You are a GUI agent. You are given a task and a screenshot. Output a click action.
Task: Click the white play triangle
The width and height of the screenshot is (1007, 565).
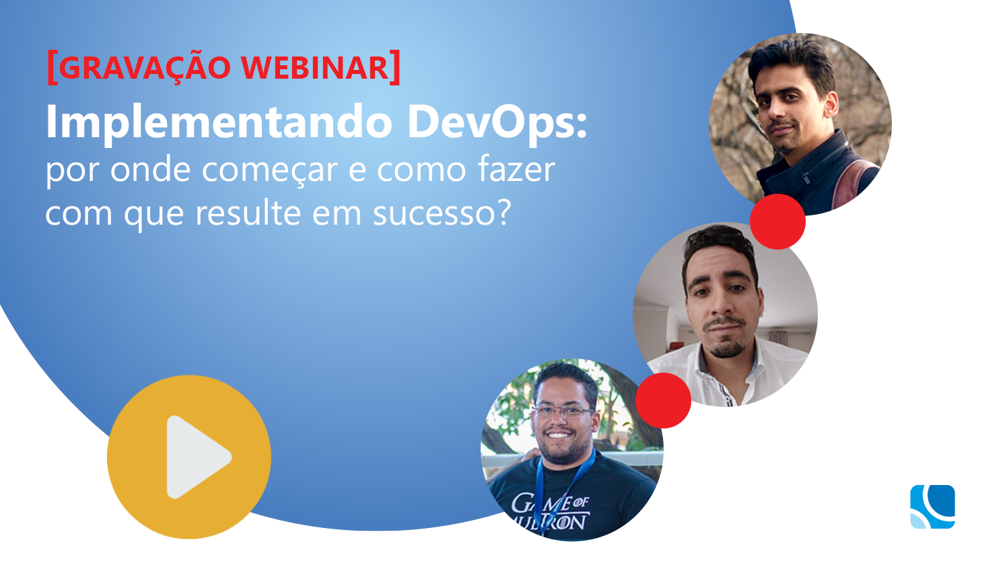[x=195, y=457]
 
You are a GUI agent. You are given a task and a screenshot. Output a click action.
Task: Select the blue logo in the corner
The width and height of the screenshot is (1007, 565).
[x=932, y=506]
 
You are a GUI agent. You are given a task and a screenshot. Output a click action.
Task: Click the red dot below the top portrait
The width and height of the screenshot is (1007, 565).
[x=777, y=222]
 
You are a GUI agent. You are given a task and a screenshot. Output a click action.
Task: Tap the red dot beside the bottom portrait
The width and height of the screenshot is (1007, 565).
[x=663, y=400]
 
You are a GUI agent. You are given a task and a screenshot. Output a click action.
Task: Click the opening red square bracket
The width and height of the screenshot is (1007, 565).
[x=52, y=67]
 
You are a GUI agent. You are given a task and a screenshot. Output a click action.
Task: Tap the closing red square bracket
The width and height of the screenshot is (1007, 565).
[x=395, y=67]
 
